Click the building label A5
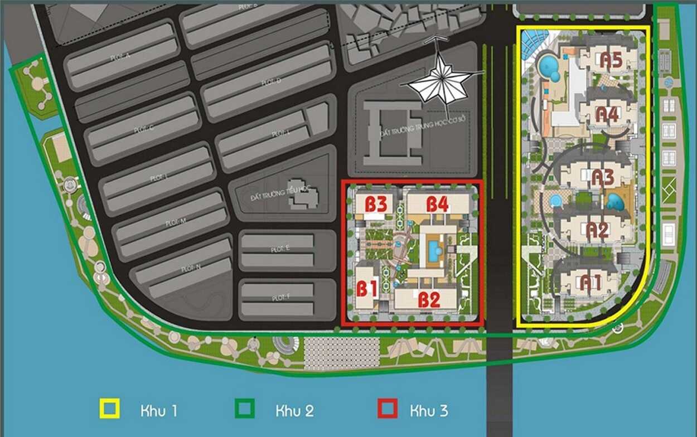(x=611, y=60)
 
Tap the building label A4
(x=607, y=114)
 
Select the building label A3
(x=602, y=178)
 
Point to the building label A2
(x=597, y=230)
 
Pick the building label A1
(x=590, y=282)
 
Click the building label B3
(x=376, y=204)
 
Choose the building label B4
(x=438, y=204)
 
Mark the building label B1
(x=367, y=289)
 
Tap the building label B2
(x=429, y=300)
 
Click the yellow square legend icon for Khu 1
(x=109, y=409)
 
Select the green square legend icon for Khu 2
(x=245, y=409)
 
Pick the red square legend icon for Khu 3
(x=387, y=409)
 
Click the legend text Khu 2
(x=294, y=411)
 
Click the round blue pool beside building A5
(x=549, y=66)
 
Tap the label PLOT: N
(x=191, y=269)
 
